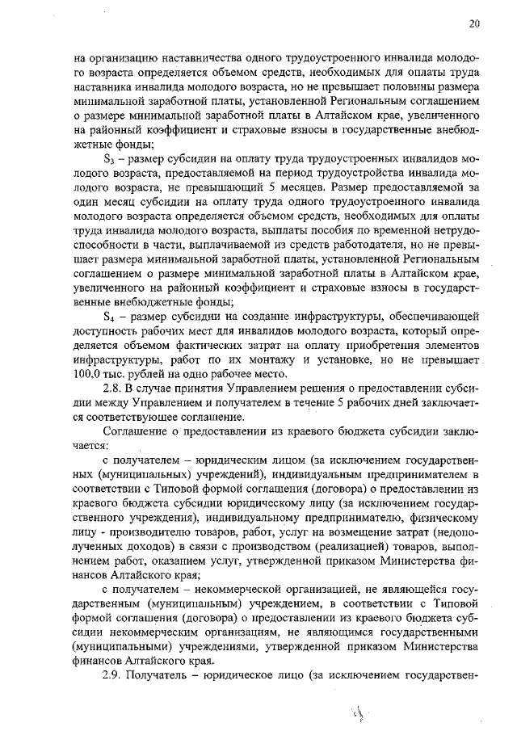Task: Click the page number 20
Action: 474,23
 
